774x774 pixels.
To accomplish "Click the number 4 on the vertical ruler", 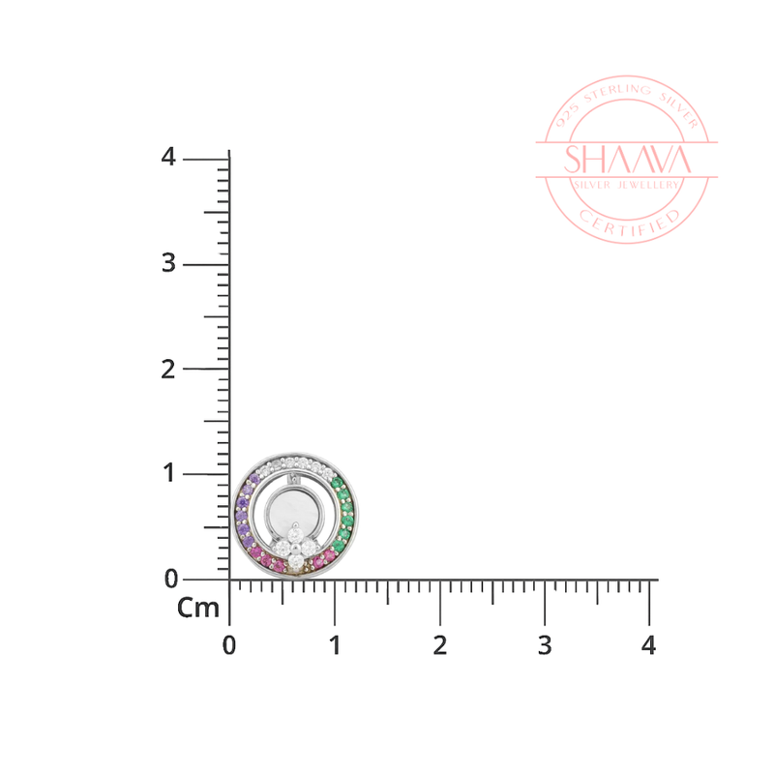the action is pos(168,157).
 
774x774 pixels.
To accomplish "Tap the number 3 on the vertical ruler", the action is pos(168,262).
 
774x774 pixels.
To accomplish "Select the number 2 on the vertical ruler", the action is pos(168,370).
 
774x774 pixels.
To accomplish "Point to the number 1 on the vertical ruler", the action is pos(169,473).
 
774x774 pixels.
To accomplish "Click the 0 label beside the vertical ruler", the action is pos(171,579).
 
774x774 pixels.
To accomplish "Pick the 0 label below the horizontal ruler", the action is pos(229,645).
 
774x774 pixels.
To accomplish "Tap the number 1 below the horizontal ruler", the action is pos(335,645).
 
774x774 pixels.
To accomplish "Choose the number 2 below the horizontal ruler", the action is pos(440,645).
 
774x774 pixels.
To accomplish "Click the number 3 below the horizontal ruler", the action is pos(545,645).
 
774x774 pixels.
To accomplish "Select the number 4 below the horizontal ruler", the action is pos(648,645).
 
